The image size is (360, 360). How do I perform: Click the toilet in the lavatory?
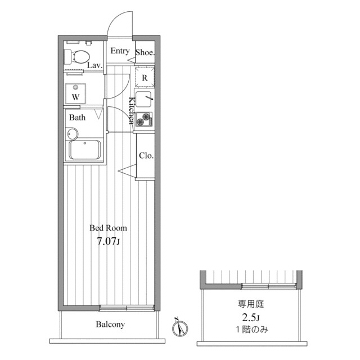click(x=76, y=57)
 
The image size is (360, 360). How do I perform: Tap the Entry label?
click(x=120, y=51)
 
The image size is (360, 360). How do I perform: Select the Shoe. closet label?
click(x=145, y=52)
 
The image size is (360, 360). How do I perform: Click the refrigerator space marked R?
click(x=145, y=78)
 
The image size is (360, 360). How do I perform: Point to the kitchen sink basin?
click(x=143, y=99)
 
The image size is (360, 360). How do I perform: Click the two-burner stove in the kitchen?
click(x=144, y=119)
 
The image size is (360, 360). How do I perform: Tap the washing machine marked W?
click(x=75, y=93)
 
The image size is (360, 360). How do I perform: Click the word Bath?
click(x=78, y=118)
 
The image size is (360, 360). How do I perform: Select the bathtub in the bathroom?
click(x=85, y=150)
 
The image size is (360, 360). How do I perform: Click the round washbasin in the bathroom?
click(x=73, y=134)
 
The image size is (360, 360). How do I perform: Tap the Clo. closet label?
click(x=146, y=156)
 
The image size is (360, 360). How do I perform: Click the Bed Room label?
click(x=108, y=228)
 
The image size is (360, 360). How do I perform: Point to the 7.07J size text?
click(x=108, y=241)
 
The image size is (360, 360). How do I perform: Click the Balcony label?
click(x=110, y=325)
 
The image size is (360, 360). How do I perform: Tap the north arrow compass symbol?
click(x=180, y=327)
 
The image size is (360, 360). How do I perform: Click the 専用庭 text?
click(x=251, y=304)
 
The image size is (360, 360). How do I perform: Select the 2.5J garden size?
click(x=251, y=317)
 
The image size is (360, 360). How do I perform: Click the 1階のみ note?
click(x=252, y=330)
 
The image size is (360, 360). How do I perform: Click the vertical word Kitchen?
click(x=131, y=110)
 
